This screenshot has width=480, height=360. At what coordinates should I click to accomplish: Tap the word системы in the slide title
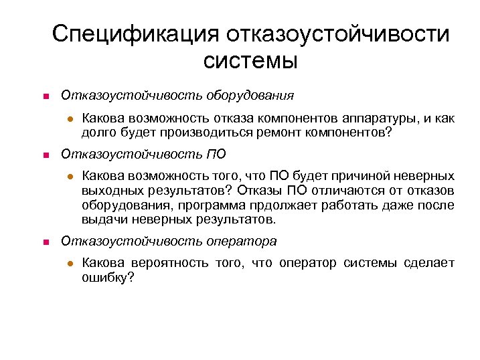[x=249, y=62]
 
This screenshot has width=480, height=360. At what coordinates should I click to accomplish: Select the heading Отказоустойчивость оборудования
[x=177, y=96]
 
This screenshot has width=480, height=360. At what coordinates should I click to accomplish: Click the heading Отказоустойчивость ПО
[x=143, y=155]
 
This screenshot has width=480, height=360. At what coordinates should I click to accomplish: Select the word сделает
[x=431, y=263]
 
